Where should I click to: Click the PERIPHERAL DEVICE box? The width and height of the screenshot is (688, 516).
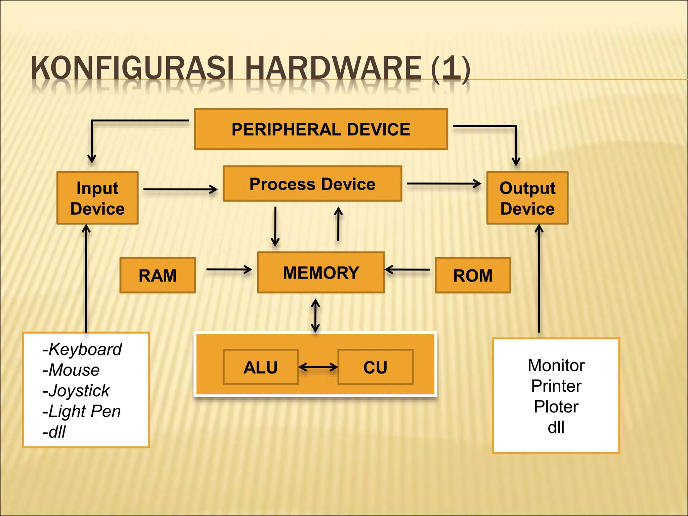(321, 129)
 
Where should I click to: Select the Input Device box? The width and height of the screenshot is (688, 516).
(97, 198)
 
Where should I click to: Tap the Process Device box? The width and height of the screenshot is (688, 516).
(312, 184)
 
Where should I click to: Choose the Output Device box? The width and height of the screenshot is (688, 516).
(527, 198)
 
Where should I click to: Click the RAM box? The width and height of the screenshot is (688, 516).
(158, 275)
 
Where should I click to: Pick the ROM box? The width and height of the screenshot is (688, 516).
(473, 275)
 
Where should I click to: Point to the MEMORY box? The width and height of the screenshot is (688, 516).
(321, 272)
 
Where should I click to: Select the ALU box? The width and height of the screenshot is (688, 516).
(261, 367)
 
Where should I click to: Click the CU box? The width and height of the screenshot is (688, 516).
(375, 367)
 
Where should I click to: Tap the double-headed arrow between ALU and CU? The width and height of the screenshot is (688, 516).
(318, 367)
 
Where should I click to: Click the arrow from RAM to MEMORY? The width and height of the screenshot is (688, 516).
(229, 269)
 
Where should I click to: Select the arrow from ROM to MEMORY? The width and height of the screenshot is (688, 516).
(407, 269)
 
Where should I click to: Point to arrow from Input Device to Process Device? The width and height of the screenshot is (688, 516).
(180, 189)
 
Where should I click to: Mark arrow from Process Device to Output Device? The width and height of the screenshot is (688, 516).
(444, 184)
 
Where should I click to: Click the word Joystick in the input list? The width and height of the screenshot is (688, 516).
(79, 391)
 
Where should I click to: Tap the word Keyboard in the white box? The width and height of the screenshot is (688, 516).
(85, 349)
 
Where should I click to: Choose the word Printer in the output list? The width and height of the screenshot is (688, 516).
(556, 386)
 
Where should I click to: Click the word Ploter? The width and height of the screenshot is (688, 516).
(556, 407)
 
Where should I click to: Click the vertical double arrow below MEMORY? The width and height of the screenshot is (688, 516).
(315, 315)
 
